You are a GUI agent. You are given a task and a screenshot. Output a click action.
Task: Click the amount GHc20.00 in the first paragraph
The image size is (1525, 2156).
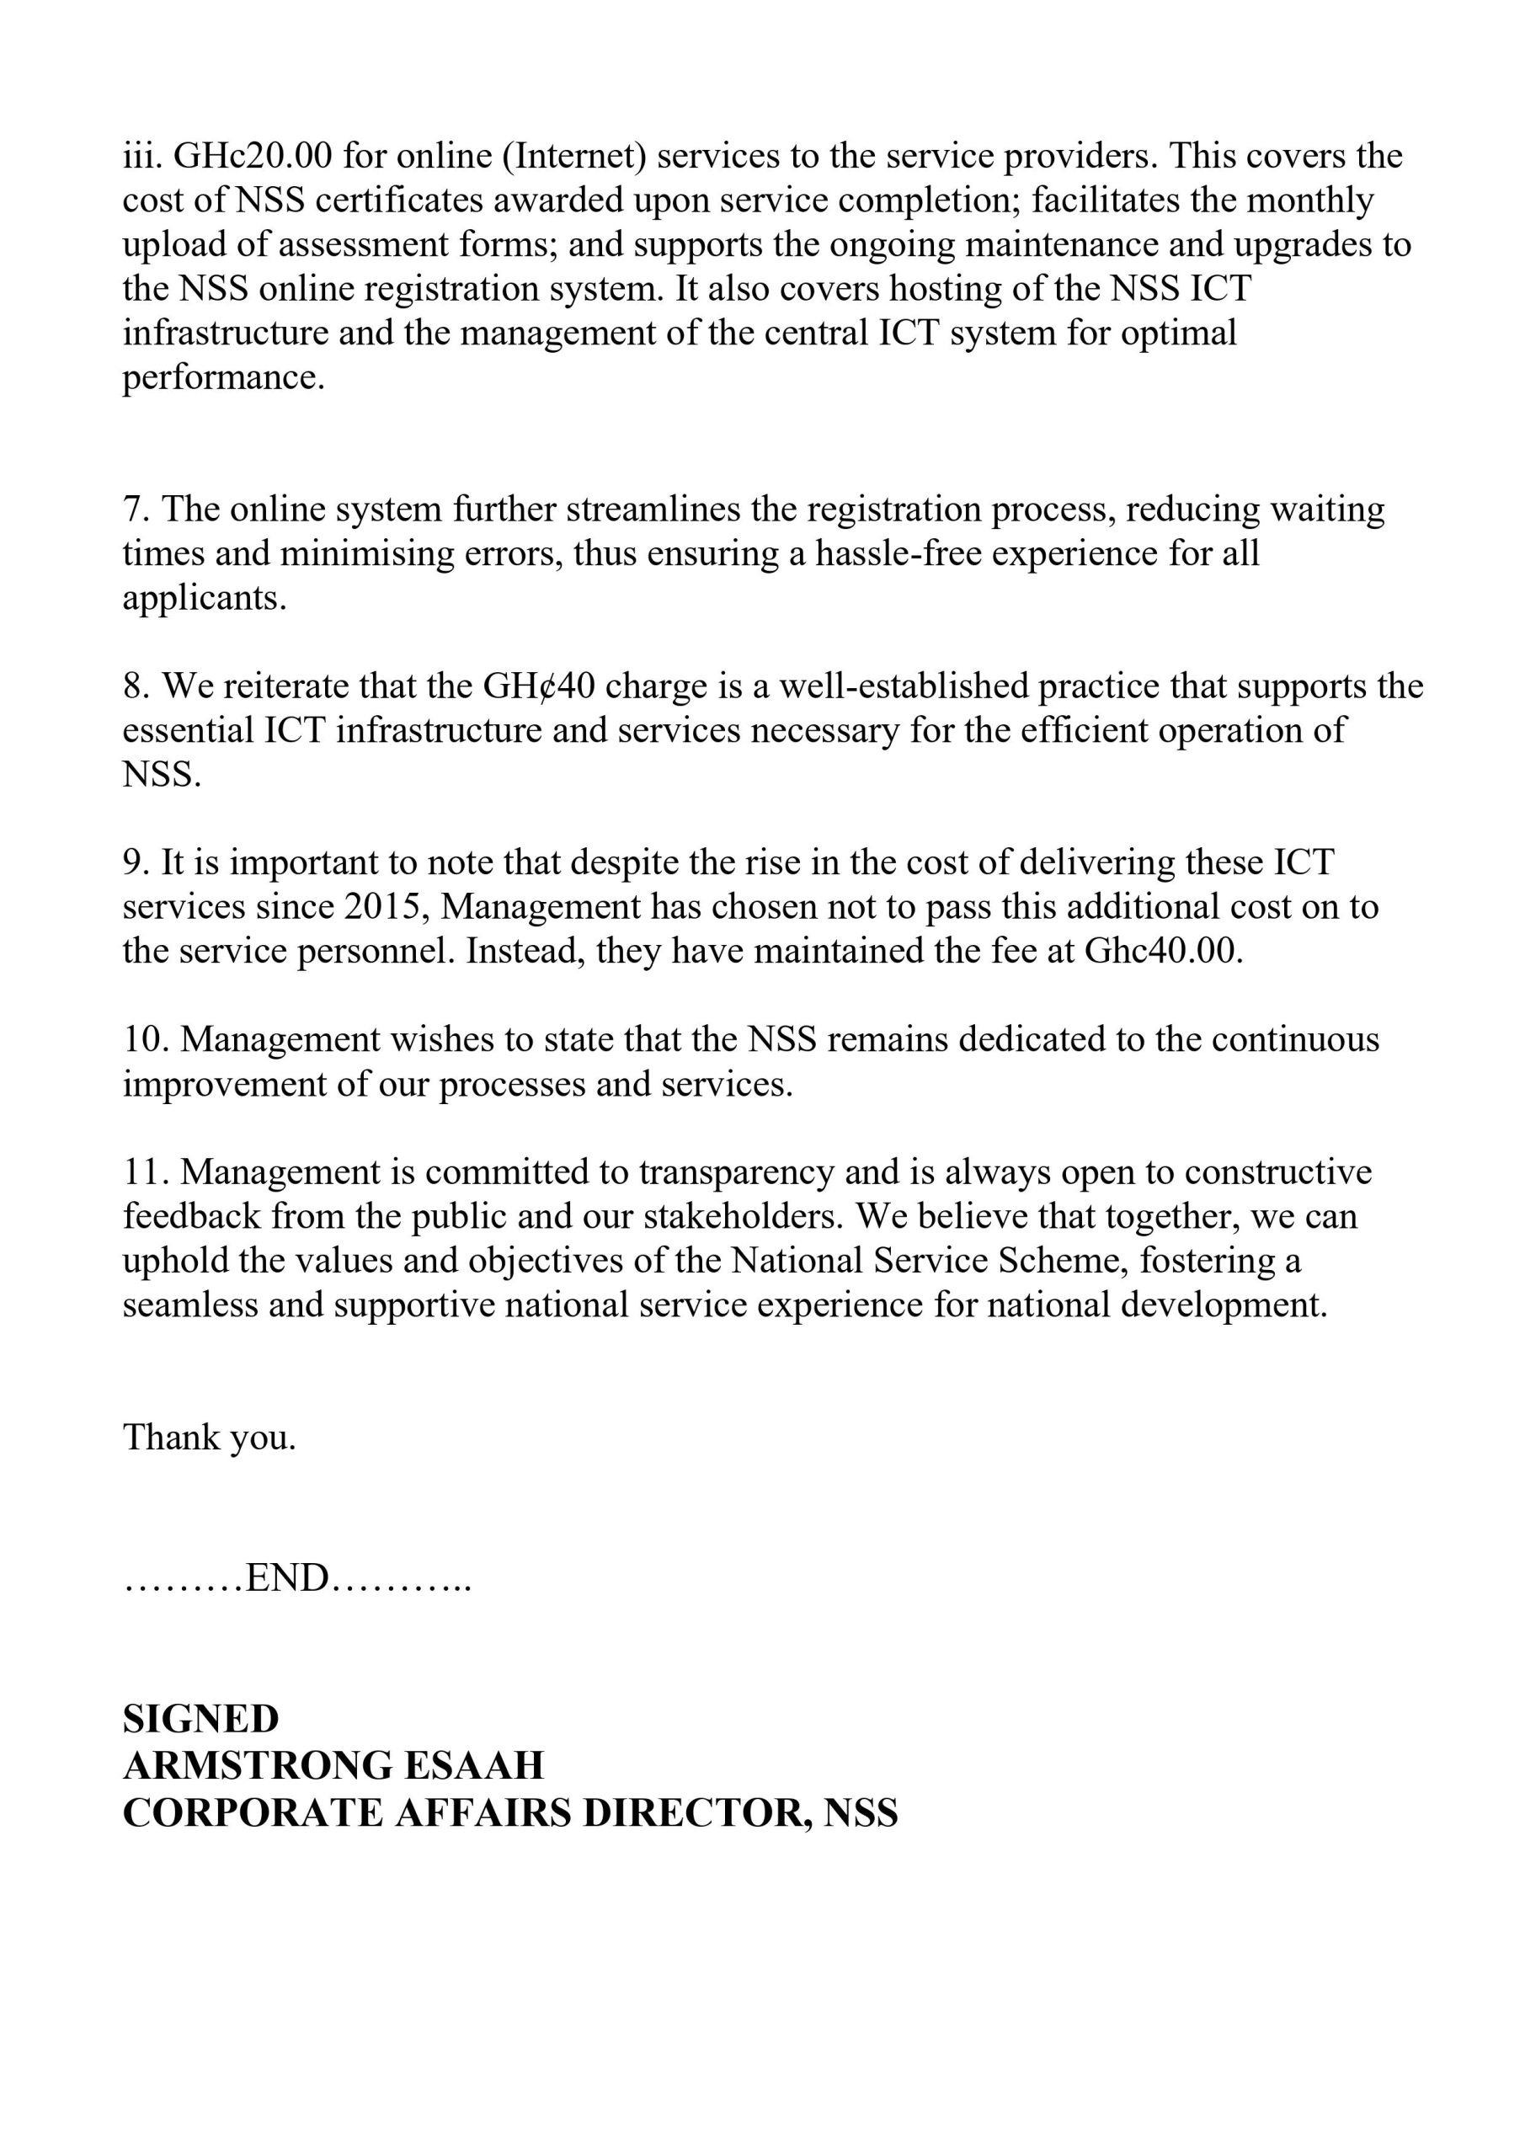[x=253, y=156]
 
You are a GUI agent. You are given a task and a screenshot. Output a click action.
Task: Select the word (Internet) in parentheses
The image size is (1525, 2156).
[x=574, y=156]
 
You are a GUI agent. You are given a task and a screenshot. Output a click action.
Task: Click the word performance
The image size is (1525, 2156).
[x=222, y=377]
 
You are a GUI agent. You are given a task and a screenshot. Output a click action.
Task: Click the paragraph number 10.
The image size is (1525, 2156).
[x=146, y=1040]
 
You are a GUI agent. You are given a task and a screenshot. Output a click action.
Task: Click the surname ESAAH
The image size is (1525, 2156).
[x=473, y=1766]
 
